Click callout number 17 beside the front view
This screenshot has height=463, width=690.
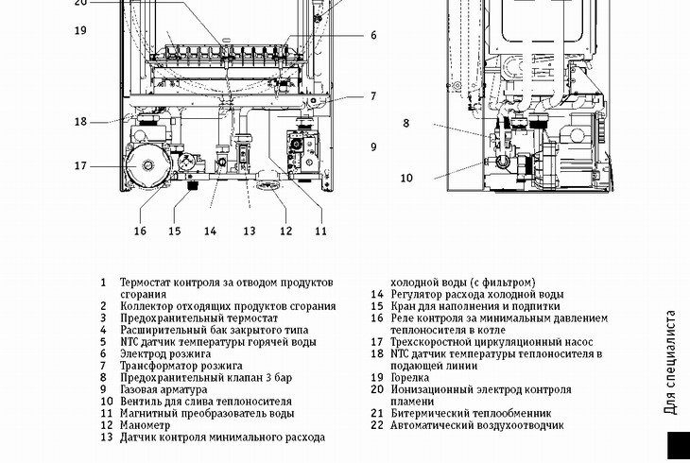click(x=80, y=166)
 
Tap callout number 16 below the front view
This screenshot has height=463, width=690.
click(x=140, y=231)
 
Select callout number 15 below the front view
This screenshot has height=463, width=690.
click(x=175, y=231)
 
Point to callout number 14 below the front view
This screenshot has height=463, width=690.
click(x=210, y=231)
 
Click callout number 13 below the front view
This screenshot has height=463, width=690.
click(x=250, y=231)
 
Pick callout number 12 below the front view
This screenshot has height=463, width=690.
click(x=285, y=231)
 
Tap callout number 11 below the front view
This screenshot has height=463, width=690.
click(x=320, y=231)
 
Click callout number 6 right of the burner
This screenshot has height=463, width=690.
click(x=373, y=36)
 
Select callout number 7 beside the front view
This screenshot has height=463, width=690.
click(x=373, y=96)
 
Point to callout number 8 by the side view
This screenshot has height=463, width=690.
click(x=406, y=123)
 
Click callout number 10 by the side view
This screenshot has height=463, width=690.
click(x=406, y=178)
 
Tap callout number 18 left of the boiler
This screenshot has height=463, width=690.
click(x=80, y=122)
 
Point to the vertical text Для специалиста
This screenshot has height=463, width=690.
click(x=670, y=363)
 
